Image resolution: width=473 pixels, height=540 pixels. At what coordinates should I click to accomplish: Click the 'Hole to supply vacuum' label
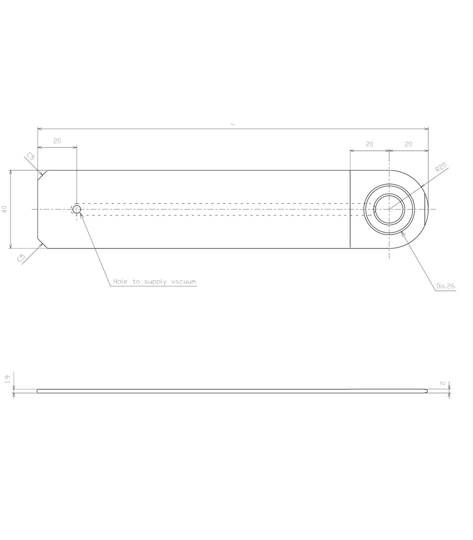point(155,282)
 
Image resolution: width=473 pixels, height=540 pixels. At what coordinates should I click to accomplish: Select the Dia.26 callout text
point(445,286)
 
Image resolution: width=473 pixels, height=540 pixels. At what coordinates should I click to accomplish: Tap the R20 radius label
point(441,167)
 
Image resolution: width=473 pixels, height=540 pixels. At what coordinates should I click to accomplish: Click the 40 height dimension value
point(5,209)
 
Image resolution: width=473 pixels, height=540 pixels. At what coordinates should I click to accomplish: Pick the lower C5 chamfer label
point(21,258)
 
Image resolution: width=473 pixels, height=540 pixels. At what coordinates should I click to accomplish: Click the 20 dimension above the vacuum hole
point(57,141)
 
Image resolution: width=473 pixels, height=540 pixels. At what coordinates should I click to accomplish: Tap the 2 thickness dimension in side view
point(443,383)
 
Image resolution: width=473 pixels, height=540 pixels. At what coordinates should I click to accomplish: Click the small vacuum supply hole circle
point(77,209)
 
